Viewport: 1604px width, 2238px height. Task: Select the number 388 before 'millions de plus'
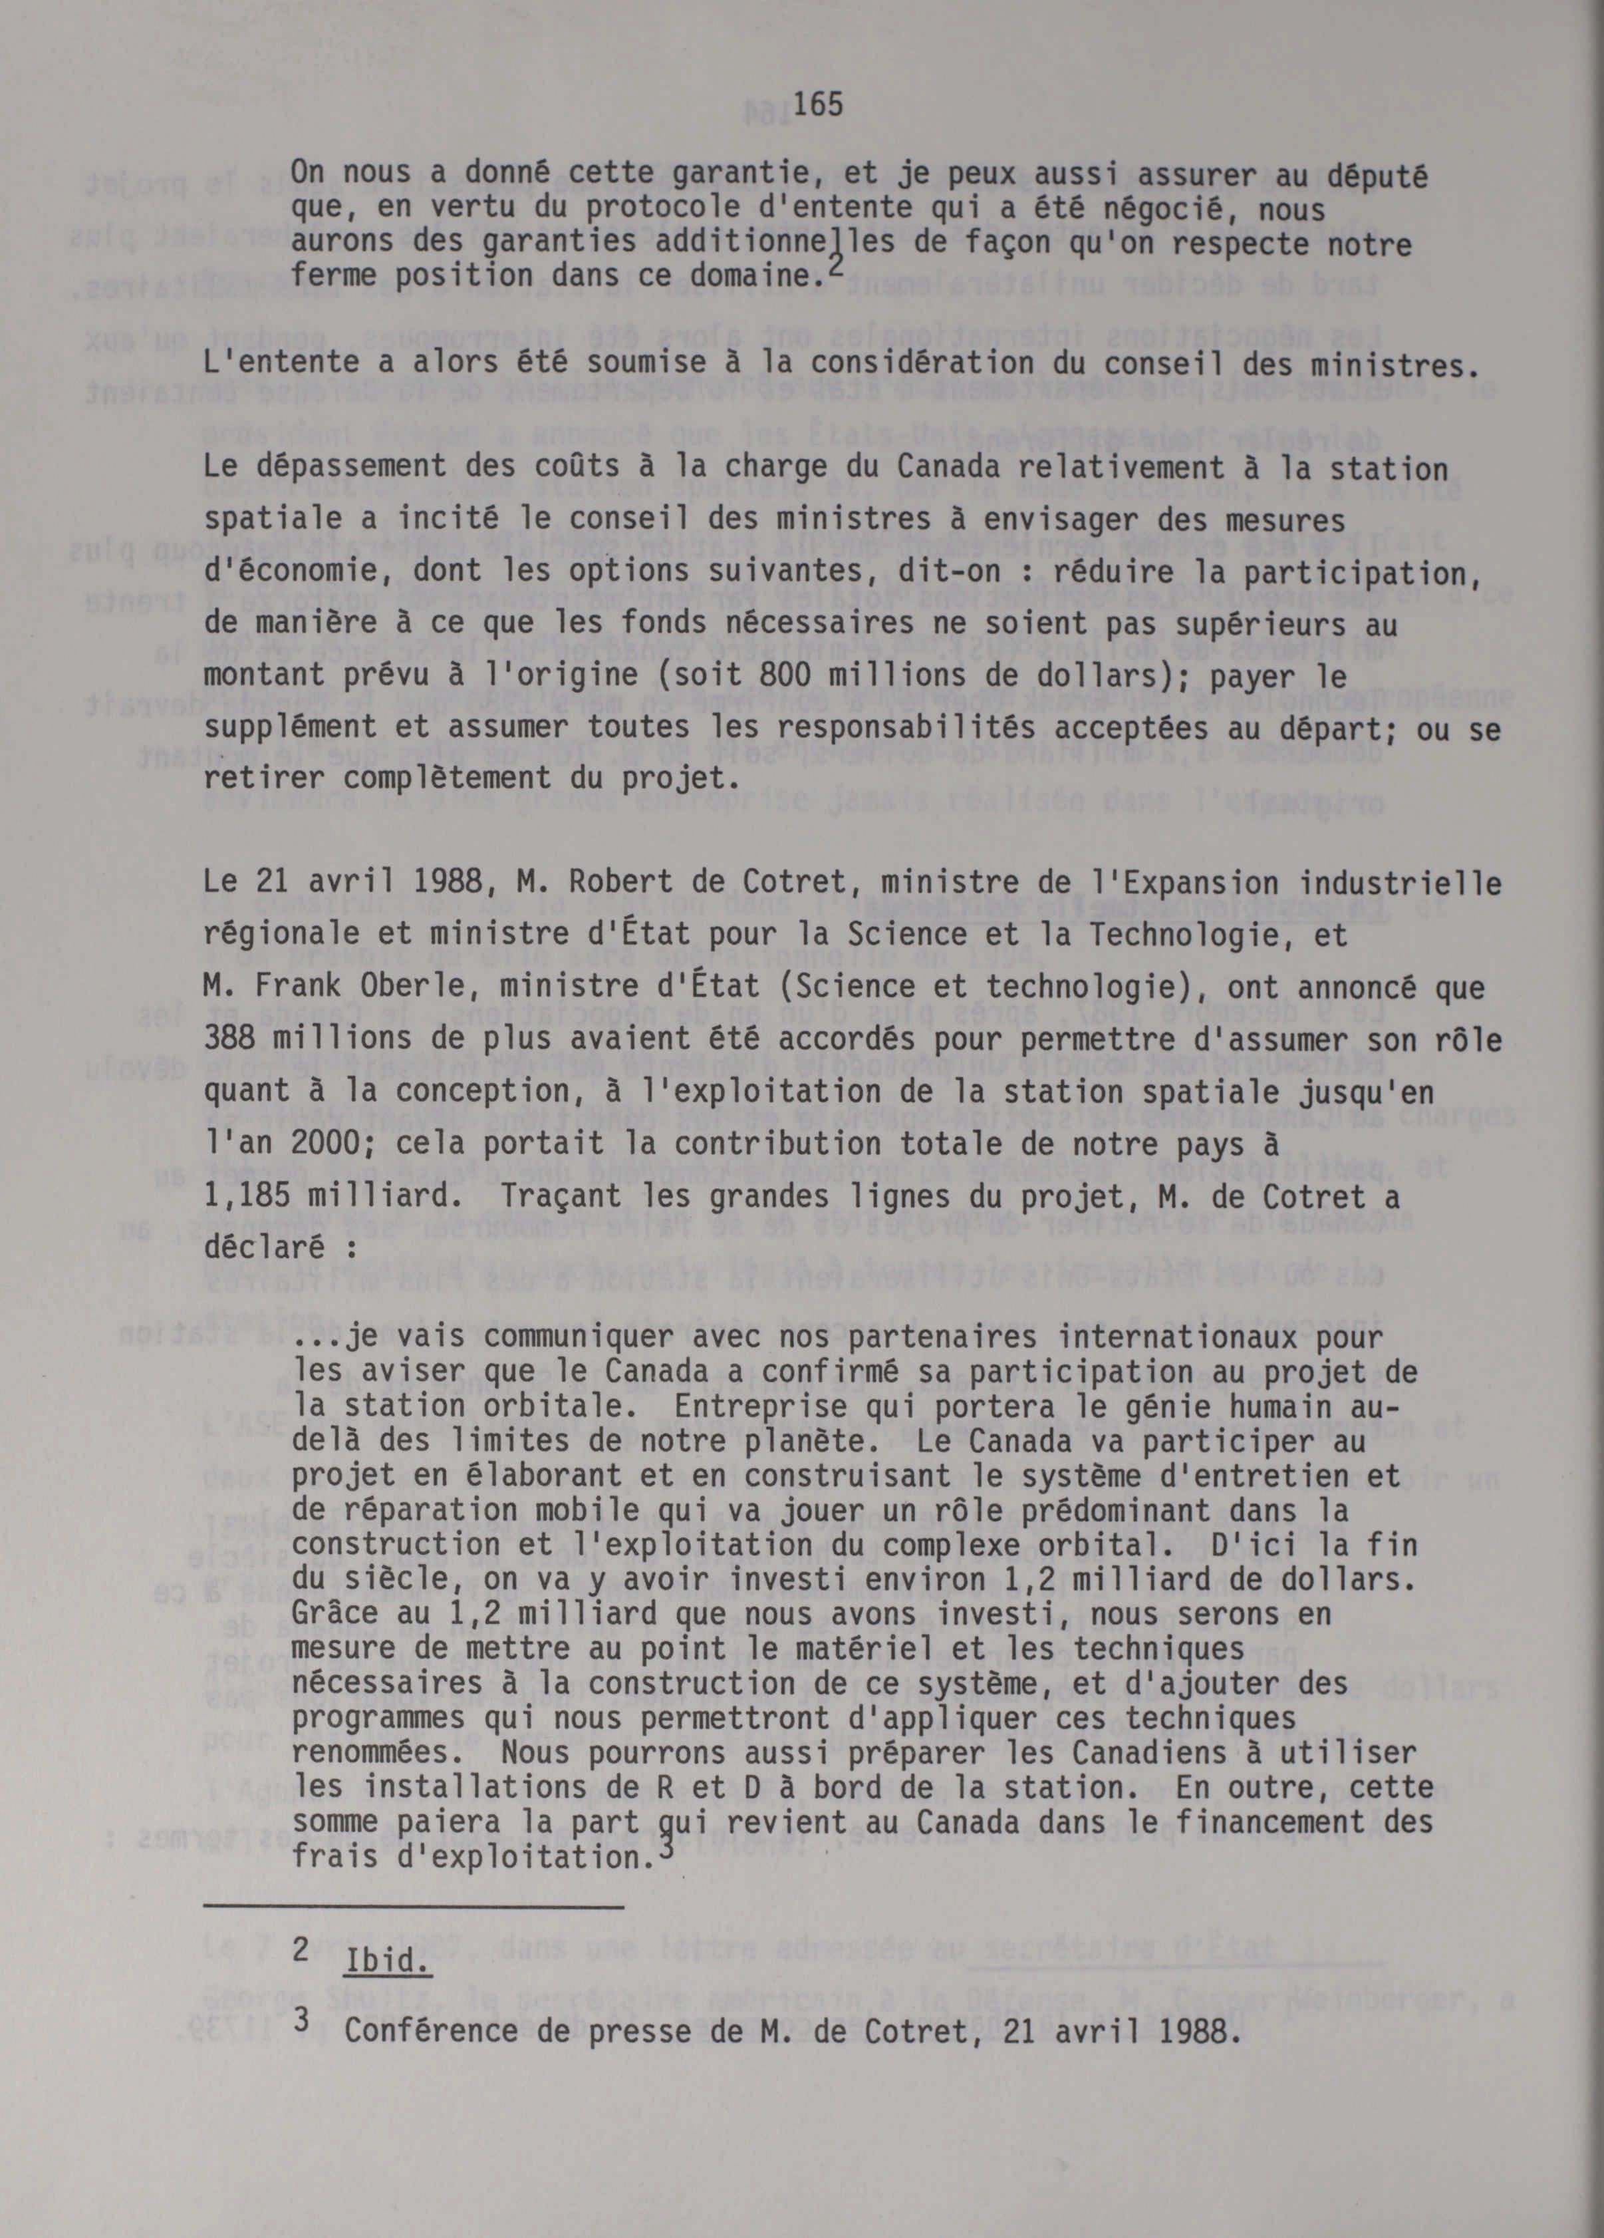(233, 1039)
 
